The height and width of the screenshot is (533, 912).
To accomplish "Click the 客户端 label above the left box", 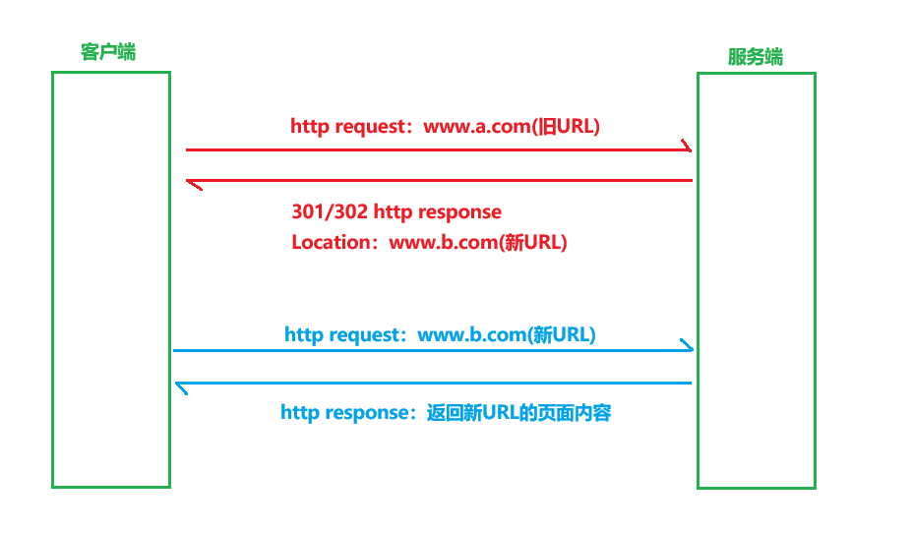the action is [x=108, y=52].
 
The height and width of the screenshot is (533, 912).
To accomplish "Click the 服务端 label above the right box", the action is [x=755, y=57].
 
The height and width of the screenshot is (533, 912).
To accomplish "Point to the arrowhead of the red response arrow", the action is [x=193, y=182].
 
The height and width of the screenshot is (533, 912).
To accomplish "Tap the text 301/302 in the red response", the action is [x=325, y=211].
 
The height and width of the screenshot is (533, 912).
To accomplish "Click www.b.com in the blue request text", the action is [x=472, y=334].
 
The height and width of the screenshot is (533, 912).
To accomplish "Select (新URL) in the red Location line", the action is [x=534, y=242].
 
